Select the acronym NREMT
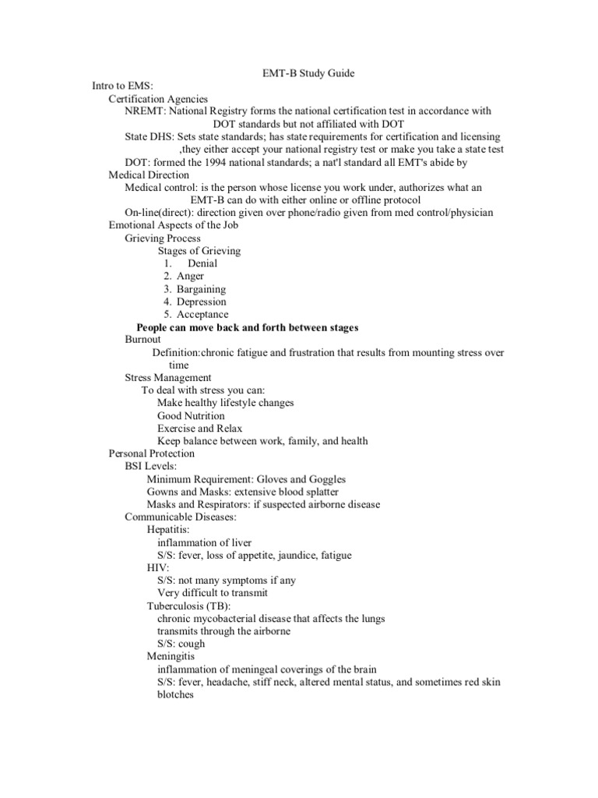(x=144, y=111)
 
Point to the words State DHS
(x=144, y=136)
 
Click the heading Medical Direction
(x=149, y=175)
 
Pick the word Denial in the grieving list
(x=202, y=263)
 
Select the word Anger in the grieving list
(x=190, y=276)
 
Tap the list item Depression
(x=201, y=302)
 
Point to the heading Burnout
(x=142, y=340)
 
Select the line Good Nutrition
(x=191, y=416)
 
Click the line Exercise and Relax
(x=199, y=429)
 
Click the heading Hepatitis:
(x=168, y=530)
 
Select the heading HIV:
(x=158, y=568)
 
